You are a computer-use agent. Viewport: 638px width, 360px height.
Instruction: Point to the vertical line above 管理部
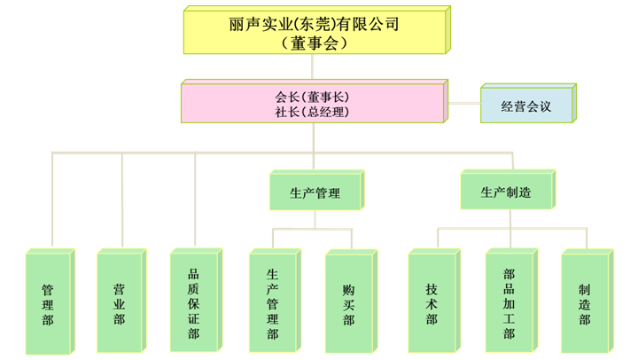point(51,200)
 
